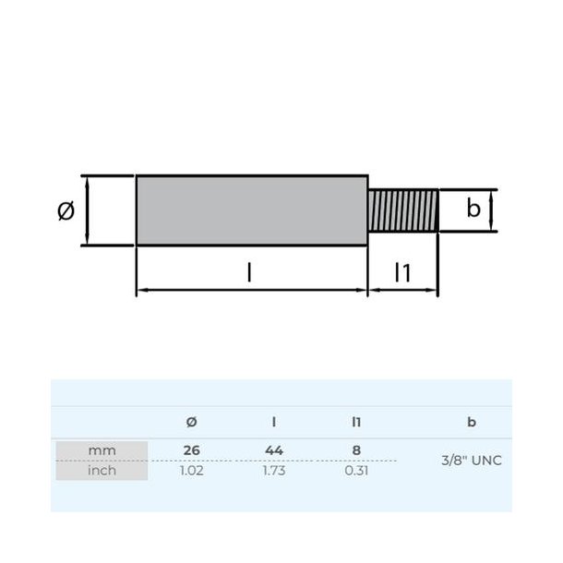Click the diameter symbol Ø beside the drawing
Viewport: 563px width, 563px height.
pyautogui.click(x=66, y=210)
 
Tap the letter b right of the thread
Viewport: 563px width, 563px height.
pyautogui.click(x=473, y=208)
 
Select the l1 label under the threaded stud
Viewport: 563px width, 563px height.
pyautogui.click(x=402, y=272)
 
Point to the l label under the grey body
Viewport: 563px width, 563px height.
pyautogui.click(x=249, y=272)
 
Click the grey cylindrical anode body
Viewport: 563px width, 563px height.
pyautogui.click(x=252, y=210)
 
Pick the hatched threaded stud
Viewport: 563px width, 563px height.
pyautogui.click(x=403, y=210)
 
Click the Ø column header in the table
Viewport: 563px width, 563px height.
pyautogui.click(x=192, y=422)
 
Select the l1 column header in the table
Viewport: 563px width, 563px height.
pyautogui.click(x=356, y=422)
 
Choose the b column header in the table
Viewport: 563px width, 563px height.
pyautogui.click(x=472, y=422)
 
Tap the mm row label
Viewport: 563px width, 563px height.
pyautogui.click(x=102, y=450)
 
